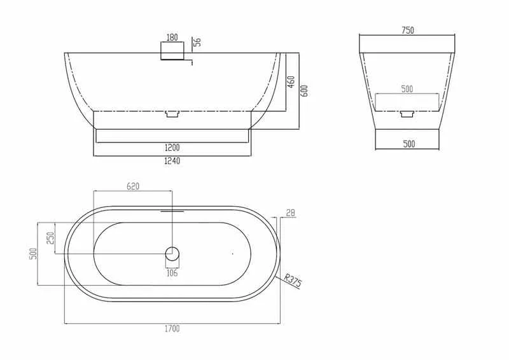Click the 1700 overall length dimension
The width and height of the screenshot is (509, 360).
click(172, 329)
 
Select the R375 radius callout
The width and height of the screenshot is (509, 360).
click(293, 280)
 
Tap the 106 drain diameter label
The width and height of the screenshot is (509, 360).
click(172, 273)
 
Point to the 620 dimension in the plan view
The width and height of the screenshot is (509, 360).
click(133, 186)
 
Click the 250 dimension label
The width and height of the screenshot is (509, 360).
click(51, 238)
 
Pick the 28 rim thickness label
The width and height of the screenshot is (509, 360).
click(291, 213)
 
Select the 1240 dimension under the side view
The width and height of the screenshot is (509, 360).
click(172, 161)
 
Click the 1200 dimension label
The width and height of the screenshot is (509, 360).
click(172, 148)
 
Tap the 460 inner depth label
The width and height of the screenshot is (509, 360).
click(291, 82)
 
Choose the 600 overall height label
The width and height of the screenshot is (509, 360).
click(304, 91)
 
